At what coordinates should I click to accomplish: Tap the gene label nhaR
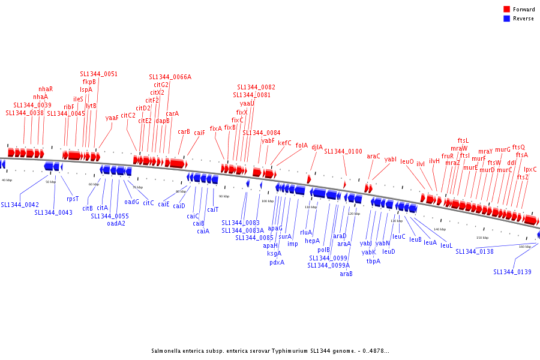pos(46,89)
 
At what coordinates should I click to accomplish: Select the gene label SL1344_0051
pos(99,74)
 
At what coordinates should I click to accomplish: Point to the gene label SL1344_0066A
pos(170,77)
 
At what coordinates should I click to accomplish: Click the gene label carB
pos(184,131)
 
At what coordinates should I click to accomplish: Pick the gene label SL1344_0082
pos(256,87)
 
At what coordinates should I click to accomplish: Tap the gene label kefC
pos(284,143)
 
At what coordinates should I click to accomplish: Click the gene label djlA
pos(317,146)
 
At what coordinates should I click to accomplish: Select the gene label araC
pos(373,156)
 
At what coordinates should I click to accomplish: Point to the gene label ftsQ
pos(518,147)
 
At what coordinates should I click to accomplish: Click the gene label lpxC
pos(530,169)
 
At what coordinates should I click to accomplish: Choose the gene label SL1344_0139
pos(512,272)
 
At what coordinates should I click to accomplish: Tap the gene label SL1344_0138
pos(475,251)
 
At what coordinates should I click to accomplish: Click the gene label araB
pos(346,274)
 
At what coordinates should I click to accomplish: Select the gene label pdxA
pos(277,262)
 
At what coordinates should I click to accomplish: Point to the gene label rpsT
pos(73,199)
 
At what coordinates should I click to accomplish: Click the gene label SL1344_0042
pos(20,205)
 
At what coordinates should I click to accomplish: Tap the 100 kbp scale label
pos(267,201)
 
